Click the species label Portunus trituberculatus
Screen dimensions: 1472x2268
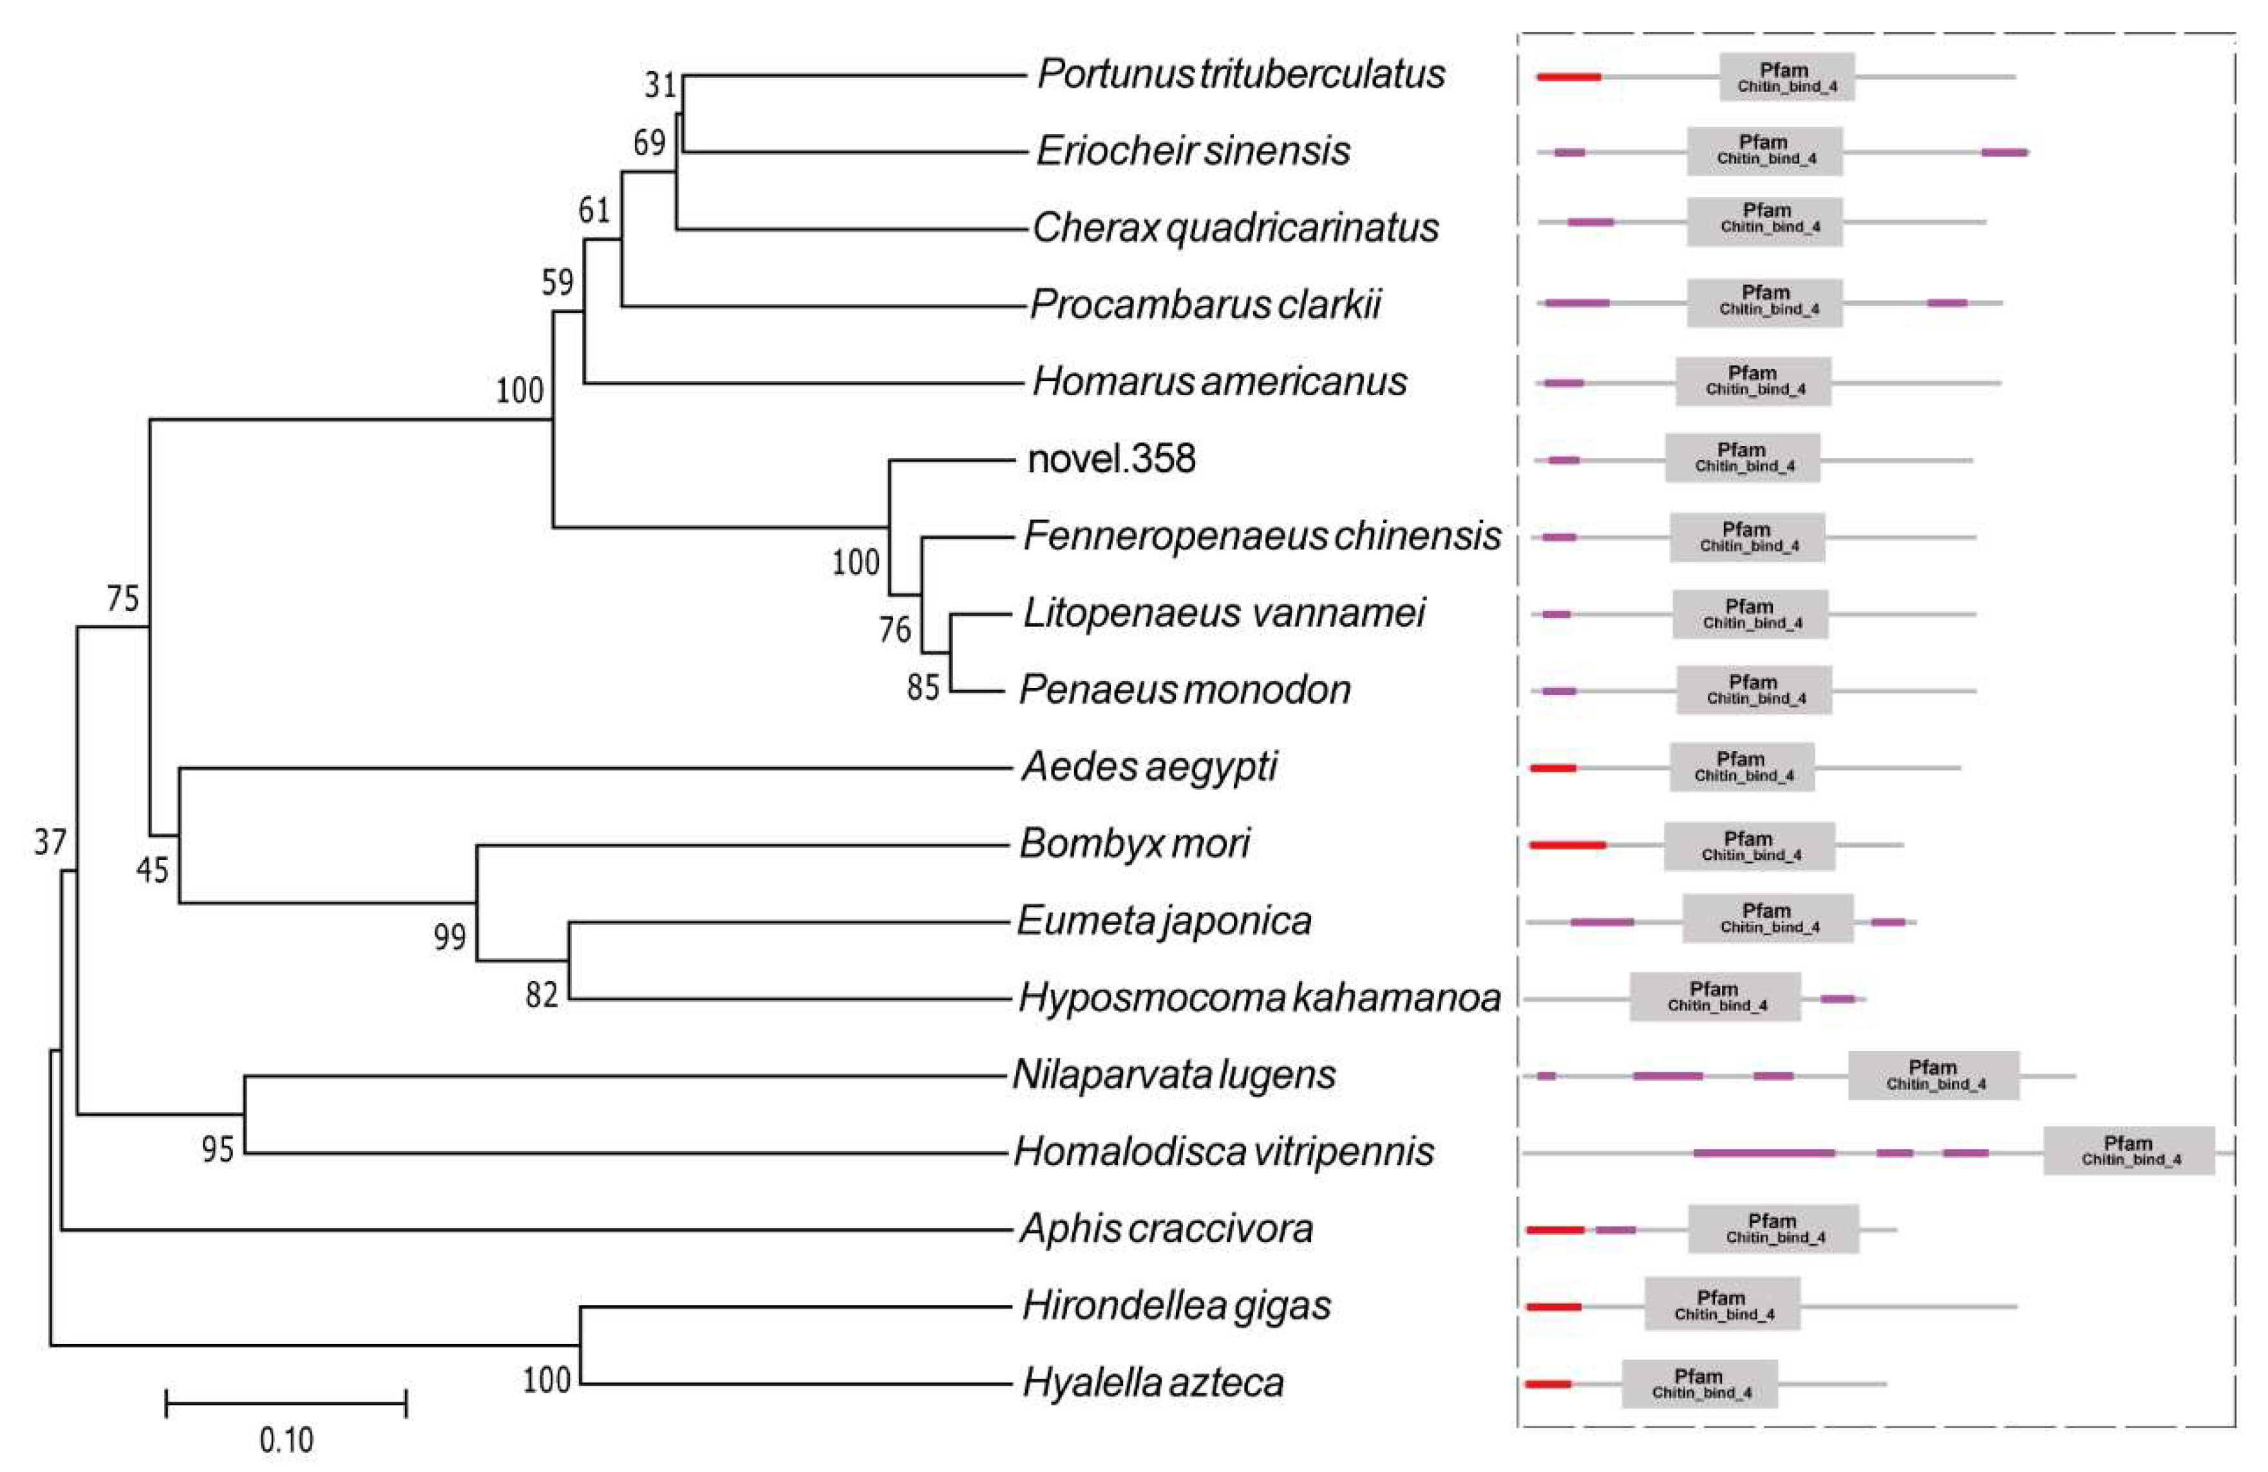pyautogui.click(x=1241, y=74)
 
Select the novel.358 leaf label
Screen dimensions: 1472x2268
pyautogui.click(x=1111, y=459)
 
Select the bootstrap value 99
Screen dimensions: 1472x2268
pyautogui.click(x=449, y=938)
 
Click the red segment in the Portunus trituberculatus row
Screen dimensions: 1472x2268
pyautogui.click(x=1569, y=76)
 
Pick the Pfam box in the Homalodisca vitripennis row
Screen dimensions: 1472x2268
pyautogui.click(x=2129, y=1151)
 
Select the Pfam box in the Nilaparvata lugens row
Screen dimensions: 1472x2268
pyautogui.click(x=1934, y=1076)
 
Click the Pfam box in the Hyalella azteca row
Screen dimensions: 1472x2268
pyautogui.click(x=1699, y=1383)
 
